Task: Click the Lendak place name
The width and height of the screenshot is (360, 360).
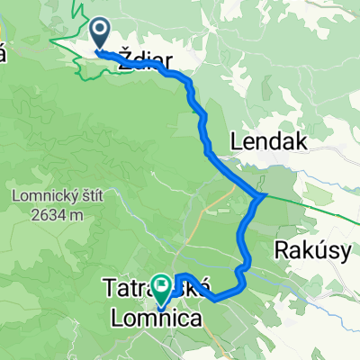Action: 269,141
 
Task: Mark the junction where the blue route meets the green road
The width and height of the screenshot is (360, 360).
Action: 261,195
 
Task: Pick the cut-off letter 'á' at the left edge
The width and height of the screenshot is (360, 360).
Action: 3,54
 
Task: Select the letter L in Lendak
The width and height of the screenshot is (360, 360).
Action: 237,141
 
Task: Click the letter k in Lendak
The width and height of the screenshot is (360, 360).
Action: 300,141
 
